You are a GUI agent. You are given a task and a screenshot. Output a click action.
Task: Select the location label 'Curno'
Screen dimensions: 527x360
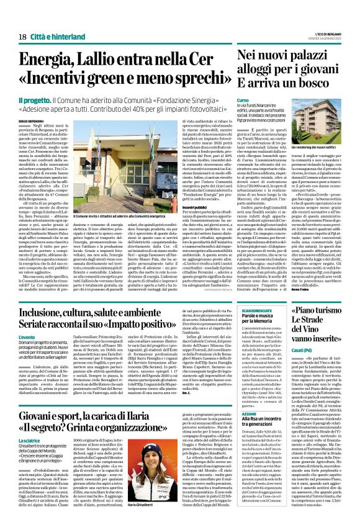click(x=243, y=99)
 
